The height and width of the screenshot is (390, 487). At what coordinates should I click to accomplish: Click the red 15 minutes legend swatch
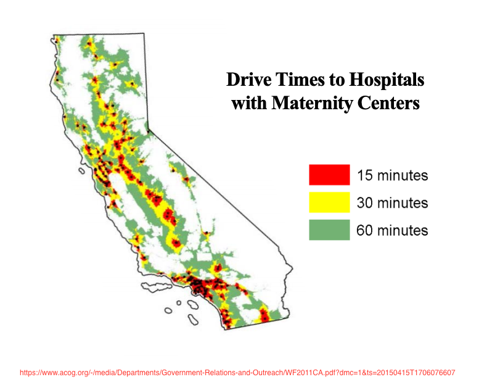[x=329, y=175]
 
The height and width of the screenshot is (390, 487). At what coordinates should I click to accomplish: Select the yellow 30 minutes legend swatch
[x=329, y=202]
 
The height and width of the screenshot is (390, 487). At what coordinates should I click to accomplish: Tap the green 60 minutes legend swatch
[x=329, y=230]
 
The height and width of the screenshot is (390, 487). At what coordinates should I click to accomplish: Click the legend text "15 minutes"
[x=392, y=175]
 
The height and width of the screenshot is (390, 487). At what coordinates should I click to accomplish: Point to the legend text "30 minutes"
[x=392, y=203]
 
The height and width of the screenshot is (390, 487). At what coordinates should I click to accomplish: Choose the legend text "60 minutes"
[x=392, y=231]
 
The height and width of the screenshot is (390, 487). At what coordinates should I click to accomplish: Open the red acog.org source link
[x=237, y=373]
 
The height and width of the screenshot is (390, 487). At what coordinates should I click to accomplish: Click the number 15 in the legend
[x=364, y=175]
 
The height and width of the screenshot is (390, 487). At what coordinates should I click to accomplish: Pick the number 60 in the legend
[x=364, y=231]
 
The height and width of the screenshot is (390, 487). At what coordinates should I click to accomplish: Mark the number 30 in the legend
[x=364, y=203]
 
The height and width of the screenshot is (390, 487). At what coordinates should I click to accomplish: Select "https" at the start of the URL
[x=27, y=373]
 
